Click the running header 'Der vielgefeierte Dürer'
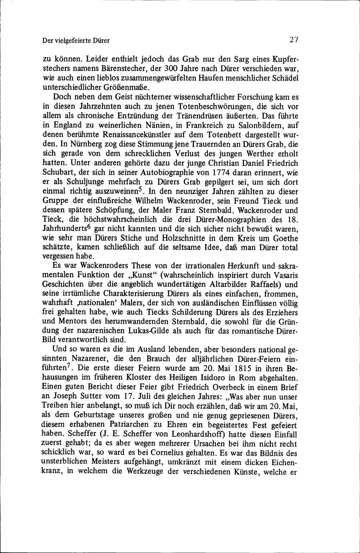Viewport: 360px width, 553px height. tap(76, 40)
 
